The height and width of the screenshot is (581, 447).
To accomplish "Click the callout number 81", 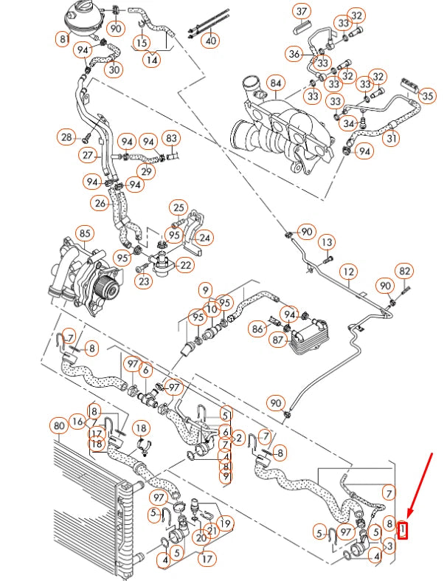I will point(64,38).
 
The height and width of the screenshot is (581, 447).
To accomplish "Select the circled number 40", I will point(211,41).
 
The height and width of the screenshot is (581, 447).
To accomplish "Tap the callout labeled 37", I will point(301,12).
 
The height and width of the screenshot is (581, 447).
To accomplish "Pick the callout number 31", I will point(392,139).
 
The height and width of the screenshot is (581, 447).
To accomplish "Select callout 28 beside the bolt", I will point(67,137).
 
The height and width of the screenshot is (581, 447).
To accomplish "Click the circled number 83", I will point(171,138).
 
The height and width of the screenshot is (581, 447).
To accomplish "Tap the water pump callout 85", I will point(85,235).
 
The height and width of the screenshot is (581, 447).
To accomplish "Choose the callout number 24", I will point(204,238).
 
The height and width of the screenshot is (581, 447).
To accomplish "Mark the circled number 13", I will point(327,241).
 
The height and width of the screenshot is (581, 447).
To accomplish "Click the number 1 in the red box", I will point(403,529).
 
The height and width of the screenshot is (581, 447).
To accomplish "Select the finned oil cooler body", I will point(306,336).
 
